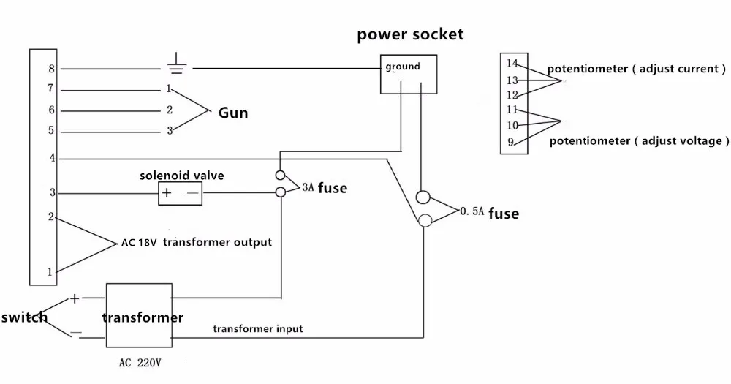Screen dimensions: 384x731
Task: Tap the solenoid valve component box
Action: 181,193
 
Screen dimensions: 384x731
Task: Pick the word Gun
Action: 233,113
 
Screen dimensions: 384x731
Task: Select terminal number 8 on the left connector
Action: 51,69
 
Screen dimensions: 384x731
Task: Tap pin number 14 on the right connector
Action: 512,64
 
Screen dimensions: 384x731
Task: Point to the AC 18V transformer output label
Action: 196,242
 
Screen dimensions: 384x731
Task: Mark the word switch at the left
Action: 24,317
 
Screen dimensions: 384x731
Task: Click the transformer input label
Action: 258,329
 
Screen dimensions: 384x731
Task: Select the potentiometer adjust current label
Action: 637,69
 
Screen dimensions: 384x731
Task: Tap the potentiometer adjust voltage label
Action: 639,140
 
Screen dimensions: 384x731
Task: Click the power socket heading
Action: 410,34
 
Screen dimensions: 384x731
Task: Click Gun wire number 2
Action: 169,110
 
